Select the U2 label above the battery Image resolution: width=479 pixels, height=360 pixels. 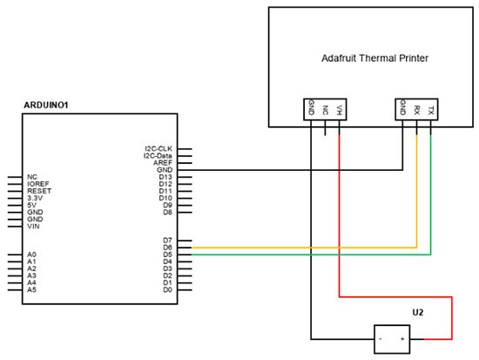[418, 311]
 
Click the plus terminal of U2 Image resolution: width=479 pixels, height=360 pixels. [401, 338]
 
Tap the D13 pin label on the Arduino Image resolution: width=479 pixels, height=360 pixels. [164, 177]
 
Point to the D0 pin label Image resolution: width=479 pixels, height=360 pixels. [166, 289]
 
